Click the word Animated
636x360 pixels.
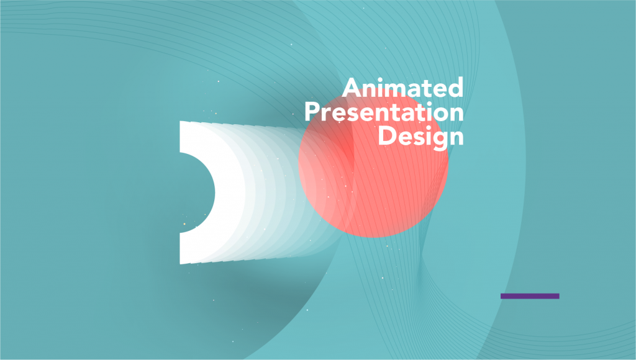(403, 88)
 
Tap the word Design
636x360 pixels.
(421, 136)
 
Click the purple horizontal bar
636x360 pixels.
(530, 296)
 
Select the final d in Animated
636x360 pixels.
(456, 88)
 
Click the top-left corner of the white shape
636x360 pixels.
(181, 122)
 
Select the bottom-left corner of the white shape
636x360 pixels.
(181, 263)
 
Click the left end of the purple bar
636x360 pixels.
(502, 296)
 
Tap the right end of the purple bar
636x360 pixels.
(558, 296)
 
